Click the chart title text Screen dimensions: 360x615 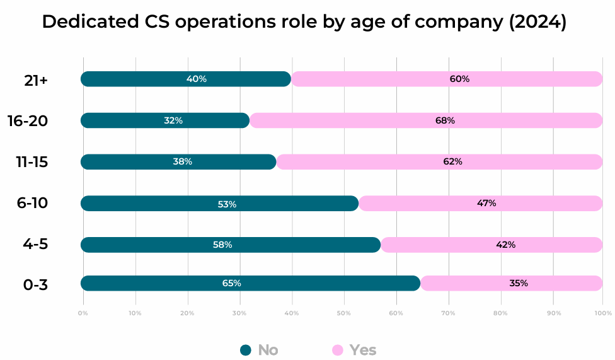(x=304, y=22)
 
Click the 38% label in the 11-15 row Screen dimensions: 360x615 (x=183, y=161)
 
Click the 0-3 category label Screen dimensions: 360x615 (x=35, y=285)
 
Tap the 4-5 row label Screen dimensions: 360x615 (x=35, y=244)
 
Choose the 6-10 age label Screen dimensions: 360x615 (x=33, y=203)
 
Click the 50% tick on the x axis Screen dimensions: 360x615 (x=343, y=313)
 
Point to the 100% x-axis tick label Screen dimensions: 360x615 (x=602, y=313)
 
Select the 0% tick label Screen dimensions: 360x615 (x=83, y=313)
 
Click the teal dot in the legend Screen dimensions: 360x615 (x=246, y=350)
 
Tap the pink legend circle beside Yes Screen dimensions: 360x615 (x=338, y=350)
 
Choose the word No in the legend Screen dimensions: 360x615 (x=268, y=350)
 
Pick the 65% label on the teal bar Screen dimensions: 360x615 (x=231, y=283)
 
